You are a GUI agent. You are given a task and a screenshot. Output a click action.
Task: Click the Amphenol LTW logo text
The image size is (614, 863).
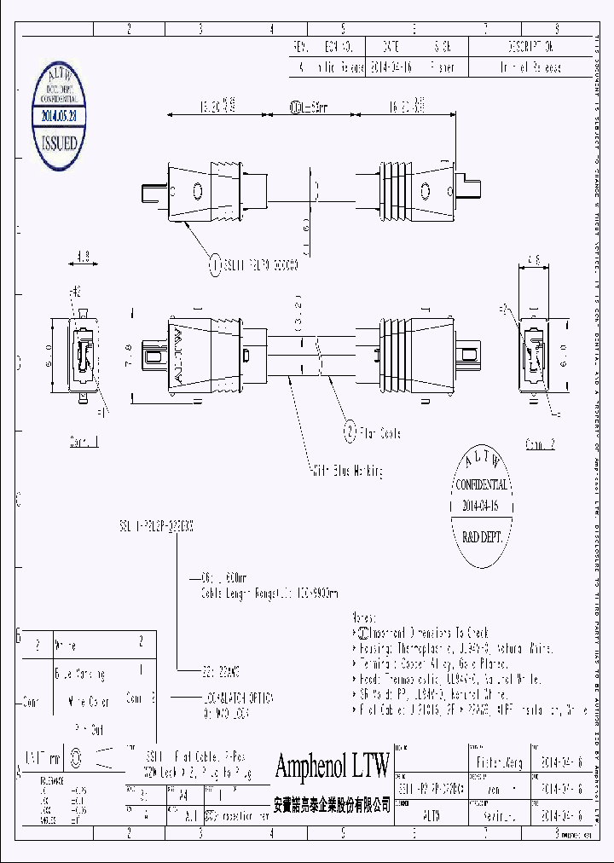tap(332, 766)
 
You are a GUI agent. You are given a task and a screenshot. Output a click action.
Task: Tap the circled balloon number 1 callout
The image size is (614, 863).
tap(215, 265)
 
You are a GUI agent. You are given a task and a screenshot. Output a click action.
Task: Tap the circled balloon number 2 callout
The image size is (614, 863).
tap(350, 432)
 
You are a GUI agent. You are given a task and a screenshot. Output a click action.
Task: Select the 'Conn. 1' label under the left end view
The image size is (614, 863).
tap(84, 443)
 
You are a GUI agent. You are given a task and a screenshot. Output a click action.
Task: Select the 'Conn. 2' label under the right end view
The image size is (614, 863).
tap(540, 444)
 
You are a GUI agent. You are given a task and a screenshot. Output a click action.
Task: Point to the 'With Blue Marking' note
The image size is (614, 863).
tap(346, 470)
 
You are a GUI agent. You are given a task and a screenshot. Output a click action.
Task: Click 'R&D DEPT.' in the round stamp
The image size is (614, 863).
tap(481, 538)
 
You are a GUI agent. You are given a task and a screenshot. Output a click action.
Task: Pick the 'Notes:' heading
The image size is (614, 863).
tap(366, 616)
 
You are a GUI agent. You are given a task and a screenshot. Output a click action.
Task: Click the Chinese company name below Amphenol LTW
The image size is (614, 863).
tap(331, 804)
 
